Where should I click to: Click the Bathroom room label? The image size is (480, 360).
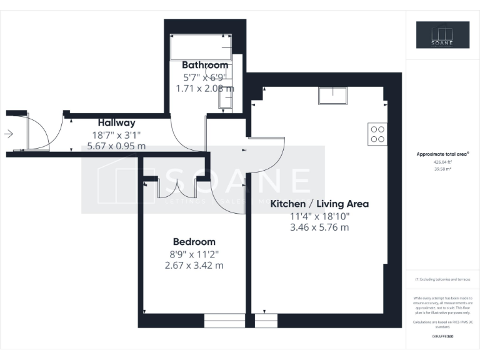pos(204,65)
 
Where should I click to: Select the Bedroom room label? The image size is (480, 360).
pos(194,242)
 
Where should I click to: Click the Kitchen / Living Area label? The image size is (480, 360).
pos(319,204)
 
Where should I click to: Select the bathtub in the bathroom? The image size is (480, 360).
pos(201,47)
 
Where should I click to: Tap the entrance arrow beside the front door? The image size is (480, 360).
pos(9,133)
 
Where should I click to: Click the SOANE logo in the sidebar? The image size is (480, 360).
pos(442,35)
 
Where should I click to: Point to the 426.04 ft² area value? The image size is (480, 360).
pos(442,161)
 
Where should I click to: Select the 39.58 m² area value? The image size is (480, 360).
pos(442,167)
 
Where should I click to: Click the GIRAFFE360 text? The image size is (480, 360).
pos(442,337)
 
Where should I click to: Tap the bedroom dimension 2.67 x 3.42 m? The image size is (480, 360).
pos(194,265)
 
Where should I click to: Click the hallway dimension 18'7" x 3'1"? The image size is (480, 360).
pos(116,134)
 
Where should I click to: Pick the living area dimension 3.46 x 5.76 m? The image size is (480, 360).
pos(319,227)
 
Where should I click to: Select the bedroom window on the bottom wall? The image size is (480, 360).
pos(225,321)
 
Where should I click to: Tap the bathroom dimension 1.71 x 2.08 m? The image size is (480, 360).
pos(204,88)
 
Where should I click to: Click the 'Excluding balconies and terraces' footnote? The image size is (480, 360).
pos(442,279)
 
